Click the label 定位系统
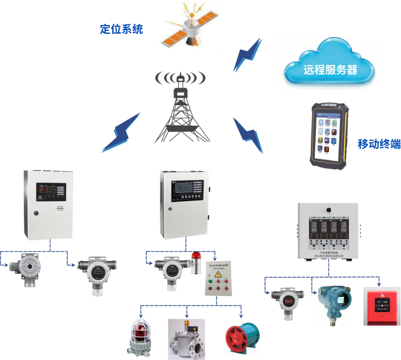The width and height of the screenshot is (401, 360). pyautogui.click(x=121, y=29)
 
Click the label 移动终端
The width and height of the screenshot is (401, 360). pyautogui.click(x=379, y=144)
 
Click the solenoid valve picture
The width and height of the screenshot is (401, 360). pyautogui.click(x=186, y=338)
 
